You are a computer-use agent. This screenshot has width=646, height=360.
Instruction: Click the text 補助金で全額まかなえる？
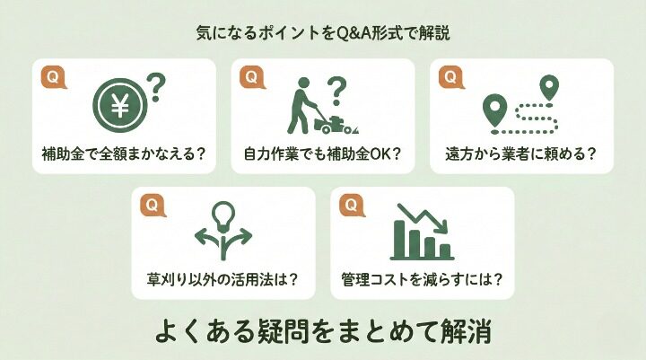tap(124, 153)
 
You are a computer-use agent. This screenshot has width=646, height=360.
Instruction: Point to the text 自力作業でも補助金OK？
tap(322, 153)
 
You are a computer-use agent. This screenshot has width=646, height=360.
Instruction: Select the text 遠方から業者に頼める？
tap(520, 153)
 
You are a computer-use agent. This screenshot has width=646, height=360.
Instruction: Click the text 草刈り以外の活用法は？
tap(223, 279)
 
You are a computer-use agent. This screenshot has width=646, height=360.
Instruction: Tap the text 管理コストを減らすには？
tap(422, 279)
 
